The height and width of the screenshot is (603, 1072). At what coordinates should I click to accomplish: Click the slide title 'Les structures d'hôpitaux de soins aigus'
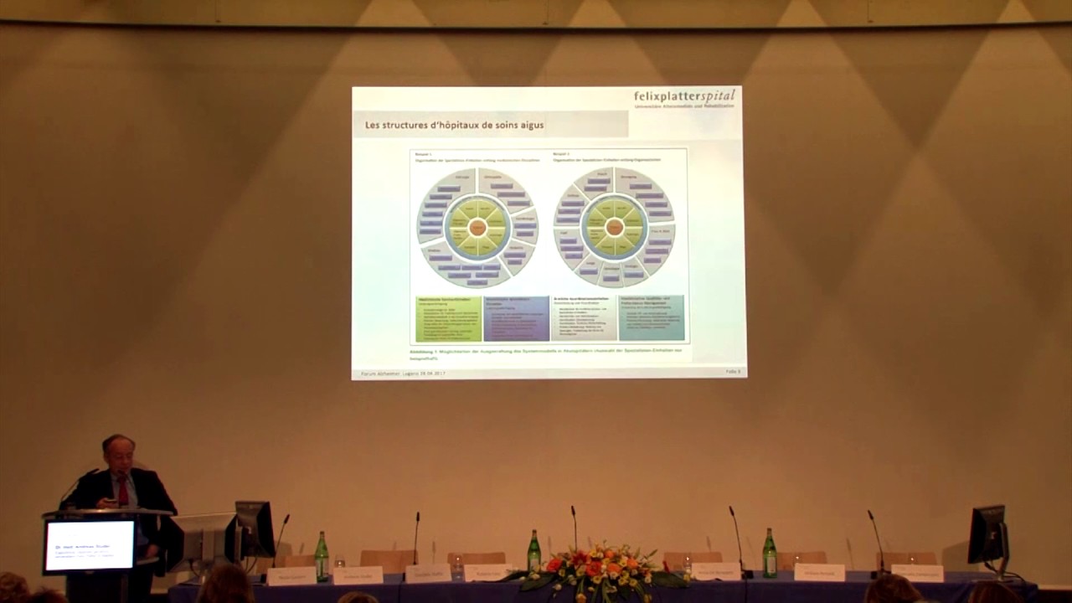(x=455, y=126)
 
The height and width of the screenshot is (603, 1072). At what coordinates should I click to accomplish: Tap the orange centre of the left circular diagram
(x=477, y=227)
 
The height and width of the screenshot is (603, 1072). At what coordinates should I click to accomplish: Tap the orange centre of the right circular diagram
(x=615, y=227)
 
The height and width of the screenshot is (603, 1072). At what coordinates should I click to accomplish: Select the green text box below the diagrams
(x=449, y=318)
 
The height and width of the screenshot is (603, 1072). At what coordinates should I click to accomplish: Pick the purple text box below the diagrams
(x=516, y=318)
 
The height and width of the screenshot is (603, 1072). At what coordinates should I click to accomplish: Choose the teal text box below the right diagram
(x=651, y=318)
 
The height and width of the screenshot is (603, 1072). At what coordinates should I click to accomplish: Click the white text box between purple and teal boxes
(x=583, y=318)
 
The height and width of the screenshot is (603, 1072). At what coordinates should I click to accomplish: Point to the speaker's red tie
(x=123, y=492)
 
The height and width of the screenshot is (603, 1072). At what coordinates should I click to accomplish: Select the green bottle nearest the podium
(x=322, y=556)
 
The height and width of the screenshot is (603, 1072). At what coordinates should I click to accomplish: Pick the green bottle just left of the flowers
(x=533, y=552)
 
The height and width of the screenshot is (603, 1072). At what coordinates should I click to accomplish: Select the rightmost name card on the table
(x=917, y=573)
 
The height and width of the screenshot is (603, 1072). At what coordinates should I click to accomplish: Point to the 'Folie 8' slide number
(x=733, y=371)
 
